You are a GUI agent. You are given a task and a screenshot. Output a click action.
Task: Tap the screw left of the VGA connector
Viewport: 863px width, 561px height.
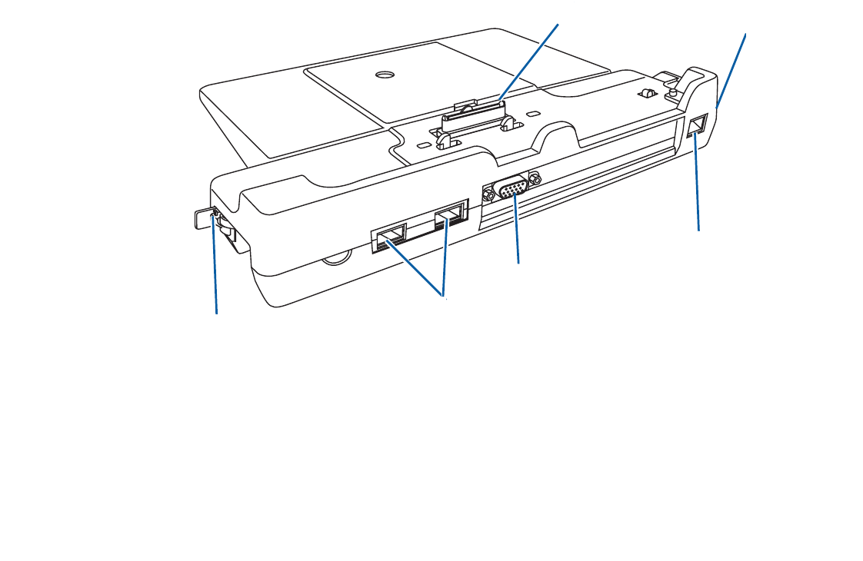click(x=488, y=195)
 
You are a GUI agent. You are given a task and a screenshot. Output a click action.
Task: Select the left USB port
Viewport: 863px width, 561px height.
click(x=391, y=236)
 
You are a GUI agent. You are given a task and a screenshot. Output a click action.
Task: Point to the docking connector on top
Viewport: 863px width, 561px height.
click(x=474, y=116)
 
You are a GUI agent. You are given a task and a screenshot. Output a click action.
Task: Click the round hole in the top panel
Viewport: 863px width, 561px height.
click(x=384, y=75)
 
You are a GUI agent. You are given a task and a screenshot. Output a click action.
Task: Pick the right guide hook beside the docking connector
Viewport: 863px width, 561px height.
click(x=507, y=122)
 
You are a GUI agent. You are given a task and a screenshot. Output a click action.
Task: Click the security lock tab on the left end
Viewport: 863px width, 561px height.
click(x=202, y=218)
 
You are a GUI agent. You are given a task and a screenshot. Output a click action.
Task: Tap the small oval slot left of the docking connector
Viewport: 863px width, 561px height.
click(x=424, y=144)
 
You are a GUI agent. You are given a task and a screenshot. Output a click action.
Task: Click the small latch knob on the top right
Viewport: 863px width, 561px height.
click(x=648, y=93)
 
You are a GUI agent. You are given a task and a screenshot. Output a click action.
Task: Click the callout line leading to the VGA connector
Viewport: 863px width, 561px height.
click(x=518, y=231)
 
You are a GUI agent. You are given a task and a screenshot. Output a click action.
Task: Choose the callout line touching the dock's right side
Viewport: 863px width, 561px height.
click(x=731, y=69)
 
